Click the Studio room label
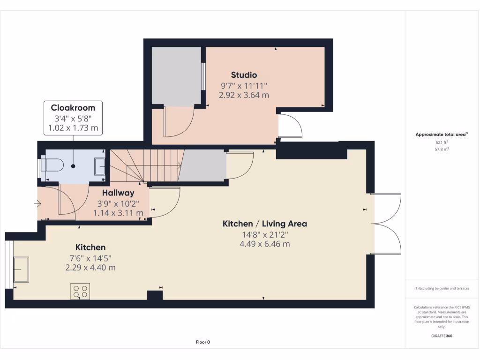click(244, 75)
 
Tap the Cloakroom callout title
click(73, 108)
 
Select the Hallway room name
click(118, 193)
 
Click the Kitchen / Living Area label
click(264, 224)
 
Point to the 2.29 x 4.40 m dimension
click(91, 268)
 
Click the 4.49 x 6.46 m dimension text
click(264, 244)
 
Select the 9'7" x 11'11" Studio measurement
click(244, 85)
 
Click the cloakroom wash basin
click(100, 166)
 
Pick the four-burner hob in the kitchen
click(80, 291)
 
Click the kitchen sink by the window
click(21, 270)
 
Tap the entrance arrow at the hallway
click(37, 204)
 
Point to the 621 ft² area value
click(442, 142)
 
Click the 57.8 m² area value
click(442, 149)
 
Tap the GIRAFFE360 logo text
click(442, 336)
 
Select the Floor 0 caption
click(202, 342)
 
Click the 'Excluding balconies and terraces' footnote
click(442, 288)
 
